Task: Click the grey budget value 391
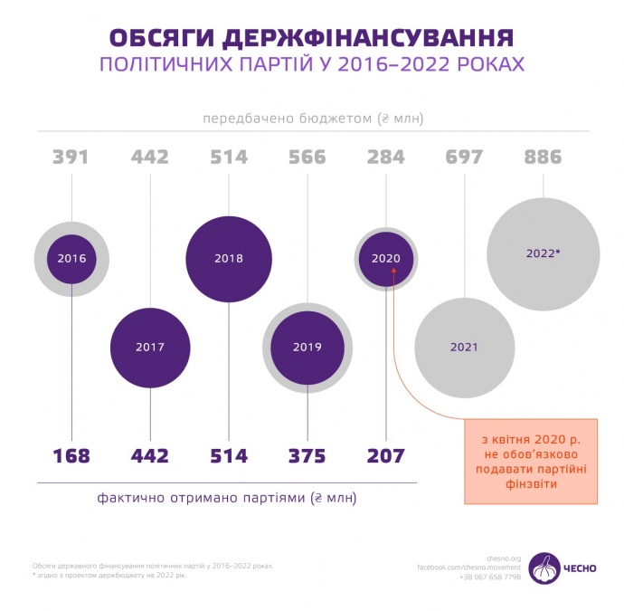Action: coord(71,158)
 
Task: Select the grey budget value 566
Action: coord(307,158)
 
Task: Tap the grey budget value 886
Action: coord(543,158)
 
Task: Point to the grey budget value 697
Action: coord(464,158)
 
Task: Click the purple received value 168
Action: coord(71,455)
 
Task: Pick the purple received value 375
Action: coord(307,455)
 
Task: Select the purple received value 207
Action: coord(385,455)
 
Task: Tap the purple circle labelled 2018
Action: coord(229,258)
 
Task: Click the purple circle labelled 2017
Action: coord(150,347)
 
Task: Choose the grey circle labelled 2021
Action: coord(464,347)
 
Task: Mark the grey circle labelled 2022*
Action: coord(543,253)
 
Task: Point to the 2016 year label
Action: coord(71,259)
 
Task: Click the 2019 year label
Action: coord(307,347)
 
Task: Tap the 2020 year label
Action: coord(385,258)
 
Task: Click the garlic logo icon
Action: coord(544,568)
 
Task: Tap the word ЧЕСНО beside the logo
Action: coord(581,568)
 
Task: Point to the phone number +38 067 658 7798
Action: coord(489,577)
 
